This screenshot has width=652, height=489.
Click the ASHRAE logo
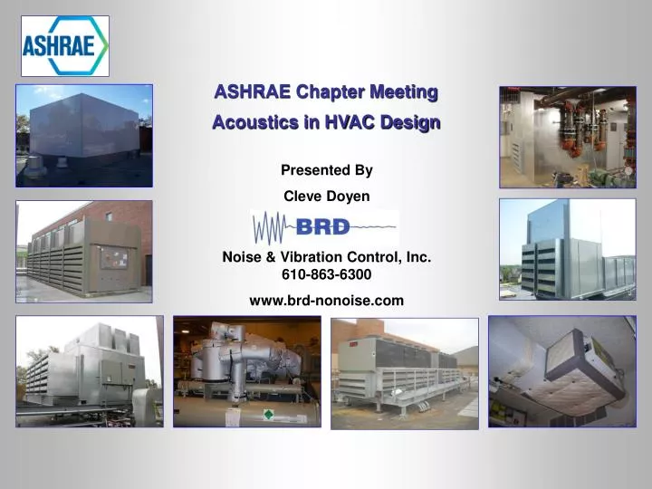(x=64, y=45)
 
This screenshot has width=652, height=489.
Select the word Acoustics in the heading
(x=249, y=122)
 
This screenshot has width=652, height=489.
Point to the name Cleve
(x=303, y=196)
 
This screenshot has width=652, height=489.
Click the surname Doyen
(x=349, y=196)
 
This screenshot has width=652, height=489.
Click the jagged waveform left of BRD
(x=273, y=227)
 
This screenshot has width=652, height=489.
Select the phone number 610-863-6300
(x=326, y=274)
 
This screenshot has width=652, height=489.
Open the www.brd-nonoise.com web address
(x=326, y=301)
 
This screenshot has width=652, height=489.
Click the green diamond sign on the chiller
(x=268, y=414)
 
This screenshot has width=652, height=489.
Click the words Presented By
(x=326, y=170)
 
